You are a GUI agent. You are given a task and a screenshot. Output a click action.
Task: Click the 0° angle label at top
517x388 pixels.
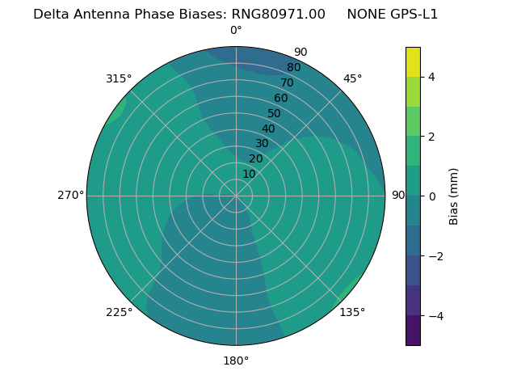click(x=236, y=31)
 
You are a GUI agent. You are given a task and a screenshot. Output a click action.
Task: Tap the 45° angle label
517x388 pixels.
click(x=352, y=78)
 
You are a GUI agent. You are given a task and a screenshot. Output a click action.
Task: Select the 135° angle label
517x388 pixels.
click(x=352, y=312)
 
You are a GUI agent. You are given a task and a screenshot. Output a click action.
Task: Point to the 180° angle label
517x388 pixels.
click(x=236, y=361)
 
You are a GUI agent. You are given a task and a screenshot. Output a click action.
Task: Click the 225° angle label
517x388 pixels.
click(x=119, y=312)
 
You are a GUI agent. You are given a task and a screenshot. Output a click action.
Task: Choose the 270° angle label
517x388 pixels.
click(x=70, y=195)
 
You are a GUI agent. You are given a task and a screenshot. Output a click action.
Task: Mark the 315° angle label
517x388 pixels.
click(x=119, y=78)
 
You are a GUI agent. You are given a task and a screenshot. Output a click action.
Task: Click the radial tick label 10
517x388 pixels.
click(x=249, y=174)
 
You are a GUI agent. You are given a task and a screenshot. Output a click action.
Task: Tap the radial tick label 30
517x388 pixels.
click(x=262, y=144)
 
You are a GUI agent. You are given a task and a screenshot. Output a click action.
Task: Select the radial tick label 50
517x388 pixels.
click(x=275, y=113)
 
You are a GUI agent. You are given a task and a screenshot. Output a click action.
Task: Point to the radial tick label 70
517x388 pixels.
click(x=287, y=82)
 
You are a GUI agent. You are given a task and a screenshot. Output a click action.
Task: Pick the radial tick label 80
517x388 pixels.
click(x=293, y=67)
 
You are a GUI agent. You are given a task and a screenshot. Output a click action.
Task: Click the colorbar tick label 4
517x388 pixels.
click(x=432, y=77)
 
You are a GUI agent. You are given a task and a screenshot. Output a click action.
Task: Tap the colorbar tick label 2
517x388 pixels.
click(x=432, y=137)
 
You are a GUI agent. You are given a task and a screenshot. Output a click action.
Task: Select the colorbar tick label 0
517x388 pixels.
click(x=432, y=196)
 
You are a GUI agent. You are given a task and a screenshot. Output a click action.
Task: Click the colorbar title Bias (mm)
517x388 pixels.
click(x=454, y=196)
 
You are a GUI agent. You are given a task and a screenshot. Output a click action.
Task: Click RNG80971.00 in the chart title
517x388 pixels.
click(x=278, y=14)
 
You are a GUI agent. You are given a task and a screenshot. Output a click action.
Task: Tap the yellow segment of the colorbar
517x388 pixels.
click(x=413, y=61)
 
